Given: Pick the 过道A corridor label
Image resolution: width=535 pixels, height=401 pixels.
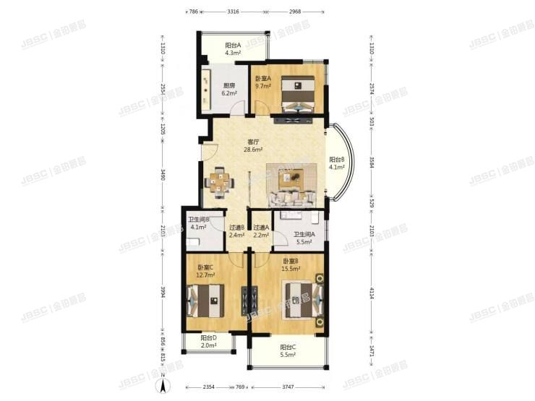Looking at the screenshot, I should [262, 230].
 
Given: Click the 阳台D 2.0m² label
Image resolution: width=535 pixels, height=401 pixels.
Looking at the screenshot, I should [208, 340].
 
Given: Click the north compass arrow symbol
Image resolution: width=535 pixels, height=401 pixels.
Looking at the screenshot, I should [164, 385].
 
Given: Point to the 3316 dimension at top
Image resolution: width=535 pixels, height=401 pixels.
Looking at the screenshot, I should [234, 12].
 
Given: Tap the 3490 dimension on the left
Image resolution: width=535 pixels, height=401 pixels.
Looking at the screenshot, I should [163, 176].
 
